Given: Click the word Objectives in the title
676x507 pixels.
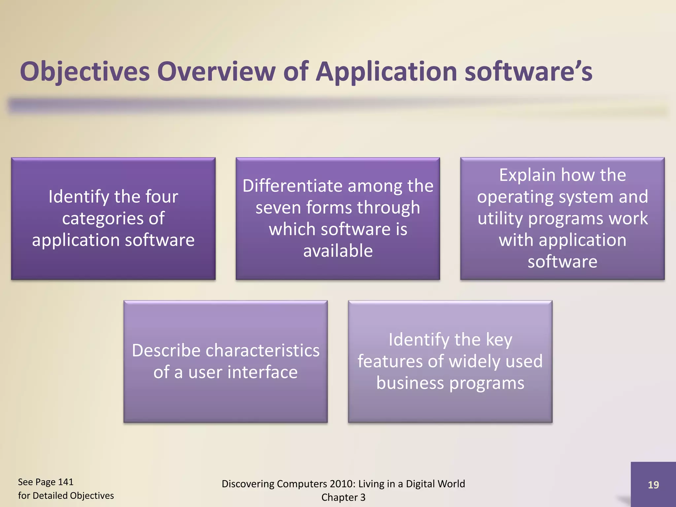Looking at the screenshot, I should [x=84, y=72].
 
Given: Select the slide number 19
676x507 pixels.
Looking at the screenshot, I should [x=653, y=485].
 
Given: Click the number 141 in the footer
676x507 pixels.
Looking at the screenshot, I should [x=65, y=482].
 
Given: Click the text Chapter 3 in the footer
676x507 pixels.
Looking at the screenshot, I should [x=343, y=497].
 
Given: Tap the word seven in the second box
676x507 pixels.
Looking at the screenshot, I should [x=278, y=208].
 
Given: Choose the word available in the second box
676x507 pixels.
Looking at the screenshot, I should [x=338, y=251].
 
